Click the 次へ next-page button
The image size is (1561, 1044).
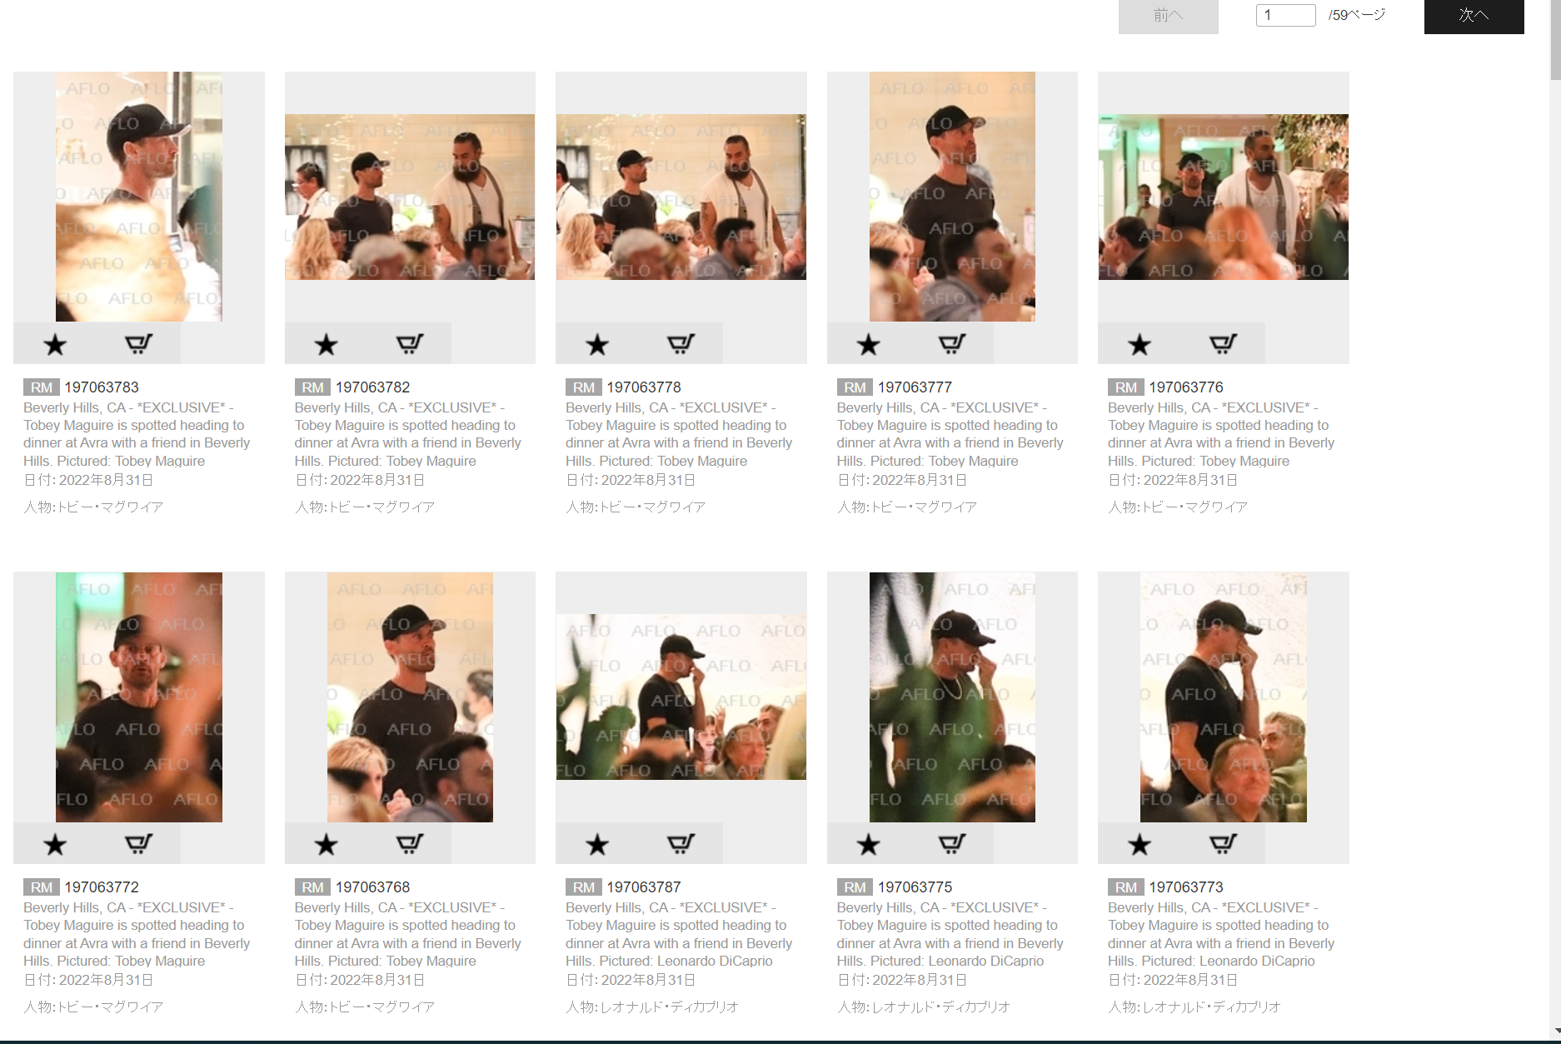click(x=1474, y=15)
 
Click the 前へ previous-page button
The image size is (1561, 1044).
click(x=1168, y=15)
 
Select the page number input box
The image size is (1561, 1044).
click(x=1285, y=15)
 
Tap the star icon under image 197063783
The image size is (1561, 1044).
click(x=55, y=344)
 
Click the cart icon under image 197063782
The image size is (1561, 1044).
click(x=410, y=343)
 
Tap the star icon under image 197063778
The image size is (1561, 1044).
click(x=597, y=344)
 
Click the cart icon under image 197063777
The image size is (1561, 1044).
click(x=952, y=343)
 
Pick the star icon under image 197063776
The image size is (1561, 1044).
click(x=1140, y=344)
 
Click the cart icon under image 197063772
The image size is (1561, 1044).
click(x=138, y=844)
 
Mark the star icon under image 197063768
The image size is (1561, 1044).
click(x=326, y=845)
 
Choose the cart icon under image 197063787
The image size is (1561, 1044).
click(x=681, y=844)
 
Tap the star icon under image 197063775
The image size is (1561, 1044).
click(x=868, y=845)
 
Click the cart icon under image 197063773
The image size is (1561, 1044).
click(x=1223, y=844)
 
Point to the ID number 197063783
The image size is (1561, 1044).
click(x=102, y=387)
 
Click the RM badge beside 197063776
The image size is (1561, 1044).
click(x=1125, y=387)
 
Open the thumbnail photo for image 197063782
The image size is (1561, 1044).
click(x=410, y=197)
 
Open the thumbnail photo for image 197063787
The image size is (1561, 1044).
click(x=681, y=697)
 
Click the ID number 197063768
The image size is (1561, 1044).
click(x=372, y=887)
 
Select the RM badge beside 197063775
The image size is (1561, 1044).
click(x=855, y=887)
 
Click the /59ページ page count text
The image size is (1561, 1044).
click(x=1357, y=15)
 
